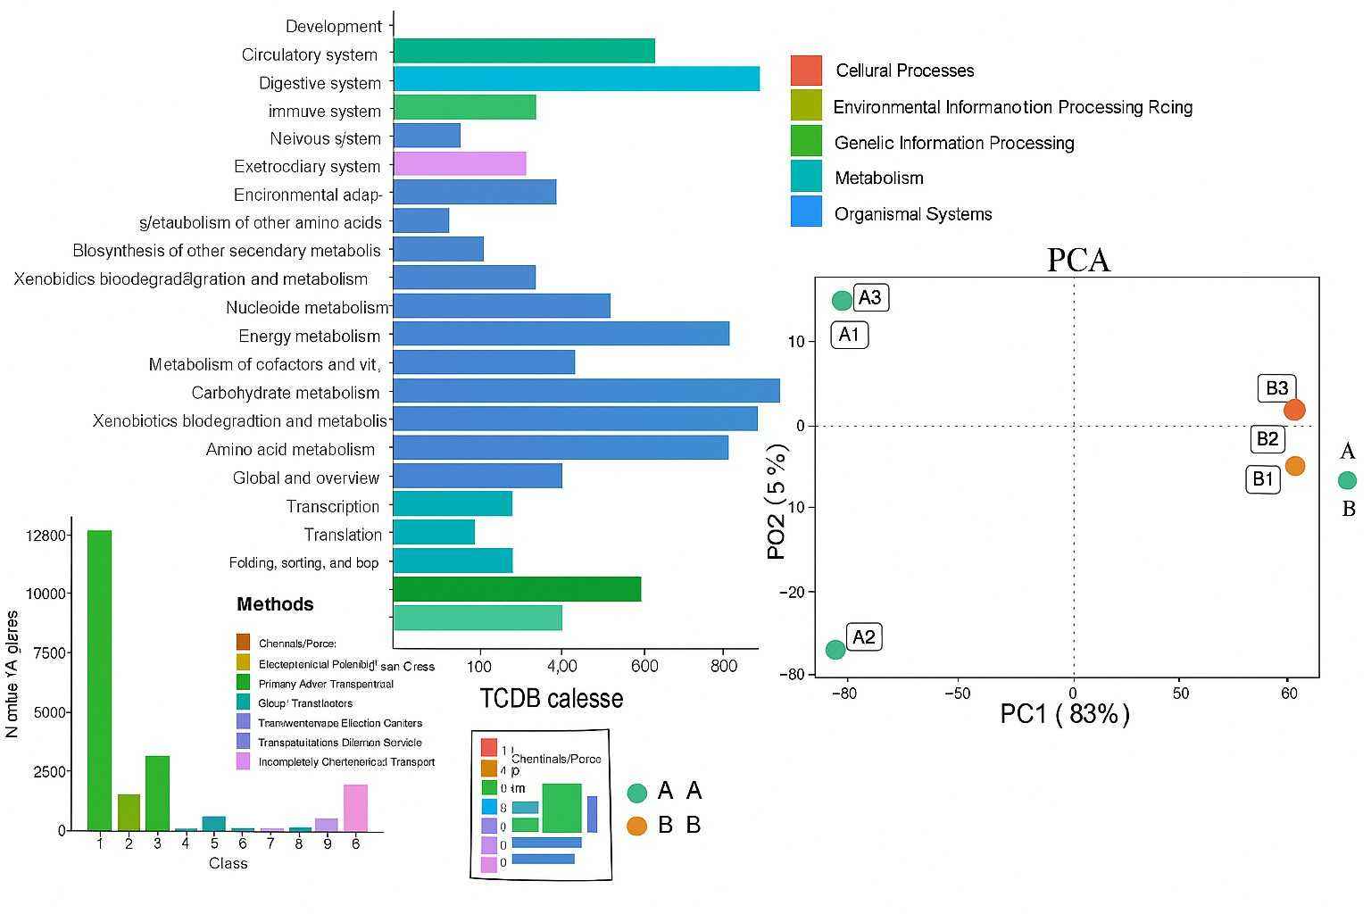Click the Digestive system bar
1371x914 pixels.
[576, 79]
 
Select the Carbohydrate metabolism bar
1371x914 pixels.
[586, 391]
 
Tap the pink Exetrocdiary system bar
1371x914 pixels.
[459, 164]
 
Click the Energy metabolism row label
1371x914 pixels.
[309, 337]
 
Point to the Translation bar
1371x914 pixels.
[433, 533]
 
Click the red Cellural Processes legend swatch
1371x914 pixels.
[805, 71]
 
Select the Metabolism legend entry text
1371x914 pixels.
[878, 179]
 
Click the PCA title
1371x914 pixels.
[1077, 260]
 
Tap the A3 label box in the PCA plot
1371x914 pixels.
[870, 297]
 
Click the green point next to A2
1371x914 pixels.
[835, 650]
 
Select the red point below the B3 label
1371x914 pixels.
[1294, 410]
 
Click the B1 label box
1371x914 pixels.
[1262, 479]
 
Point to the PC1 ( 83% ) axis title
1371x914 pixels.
[1064, 714]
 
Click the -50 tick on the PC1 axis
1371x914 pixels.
[957, 694]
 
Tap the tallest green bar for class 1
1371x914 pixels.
[99, 678]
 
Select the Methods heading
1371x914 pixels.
[275, 604]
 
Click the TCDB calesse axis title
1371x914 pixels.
[551, 698]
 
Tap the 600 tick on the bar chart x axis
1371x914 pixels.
[644, 666]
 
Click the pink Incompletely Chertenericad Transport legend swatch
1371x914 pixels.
[243, 761]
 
